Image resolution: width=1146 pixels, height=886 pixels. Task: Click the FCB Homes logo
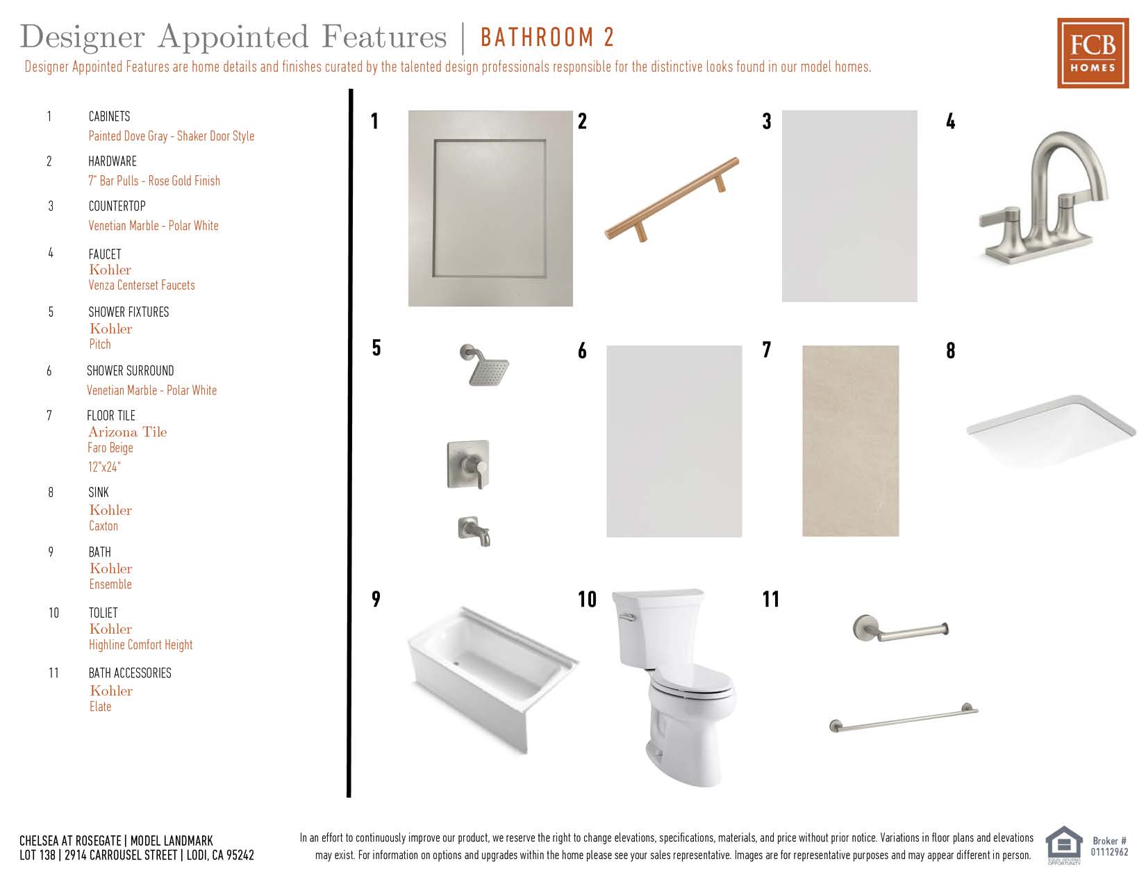pyautogui.click(x=1093, y=53)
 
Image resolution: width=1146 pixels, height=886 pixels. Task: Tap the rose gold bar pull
pyautogui.click(x=672, y=199)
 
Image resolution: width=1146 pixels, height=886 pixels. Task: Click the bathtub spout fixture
pyautogui.click(x=474, y=531)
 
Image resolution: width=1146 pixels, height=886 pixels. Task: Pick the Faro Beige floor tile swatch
pyautogui.click(x=850, y=441)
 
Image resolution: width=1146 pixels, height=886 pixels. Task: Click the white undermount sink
pyautogui.click(x=1051, y=430)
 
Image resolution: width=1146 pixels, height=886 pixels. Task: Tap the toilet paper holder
pyautogui.click(x=900, y=628)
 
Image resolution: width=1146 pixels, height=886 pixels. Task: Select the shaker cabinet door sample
pyautogui.click(x=490, y=208)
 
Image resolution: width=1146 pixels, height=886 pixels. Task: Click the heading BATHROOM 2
pyautogui.click(x=547, y=38)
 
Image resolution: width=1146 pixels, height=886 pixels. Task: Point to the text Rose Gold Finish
pyautogui.click(x=184, y=181)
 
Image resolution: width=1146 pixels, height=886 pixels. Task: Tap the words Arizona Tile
pyautogui.click(x=127, y=432)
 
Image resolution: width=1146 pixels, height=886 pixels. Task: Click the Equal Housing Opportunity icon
pyautogui.click(x=1063, y=845)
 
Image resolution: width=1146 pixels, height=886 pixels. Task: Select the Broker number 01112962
pyautogui.click(x=1110, y=852)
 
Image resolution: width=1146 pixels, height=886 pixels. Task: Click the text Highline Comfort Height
pyautogui.click(x=140, y=645)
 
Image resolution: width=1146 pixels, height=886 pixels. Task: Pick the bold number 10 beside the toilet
pyautogui.click(x=587, y=599)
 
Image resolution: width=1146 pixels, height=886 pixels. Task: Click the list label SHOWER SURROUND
pyautogui.click(x=131, y=371)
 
